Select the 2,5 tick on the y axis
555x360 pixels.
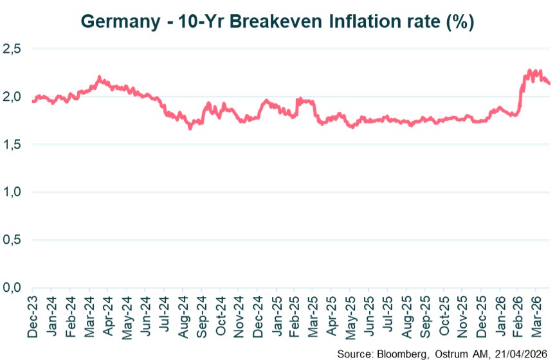[12, 49]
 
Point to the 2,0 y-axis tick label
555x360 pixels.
[12, 97]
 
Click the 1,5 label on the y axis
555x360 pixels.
[12, 145]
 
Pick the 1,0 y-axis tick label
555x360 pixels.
[12, 192]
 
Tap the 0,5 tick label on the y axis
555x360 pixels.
[12, 240]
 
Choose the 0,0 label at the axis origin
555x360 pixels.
[12, 287]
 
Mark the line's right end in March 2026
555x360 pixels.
[549, 83]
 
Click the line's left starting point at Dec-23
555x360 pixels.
[32, 101]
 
